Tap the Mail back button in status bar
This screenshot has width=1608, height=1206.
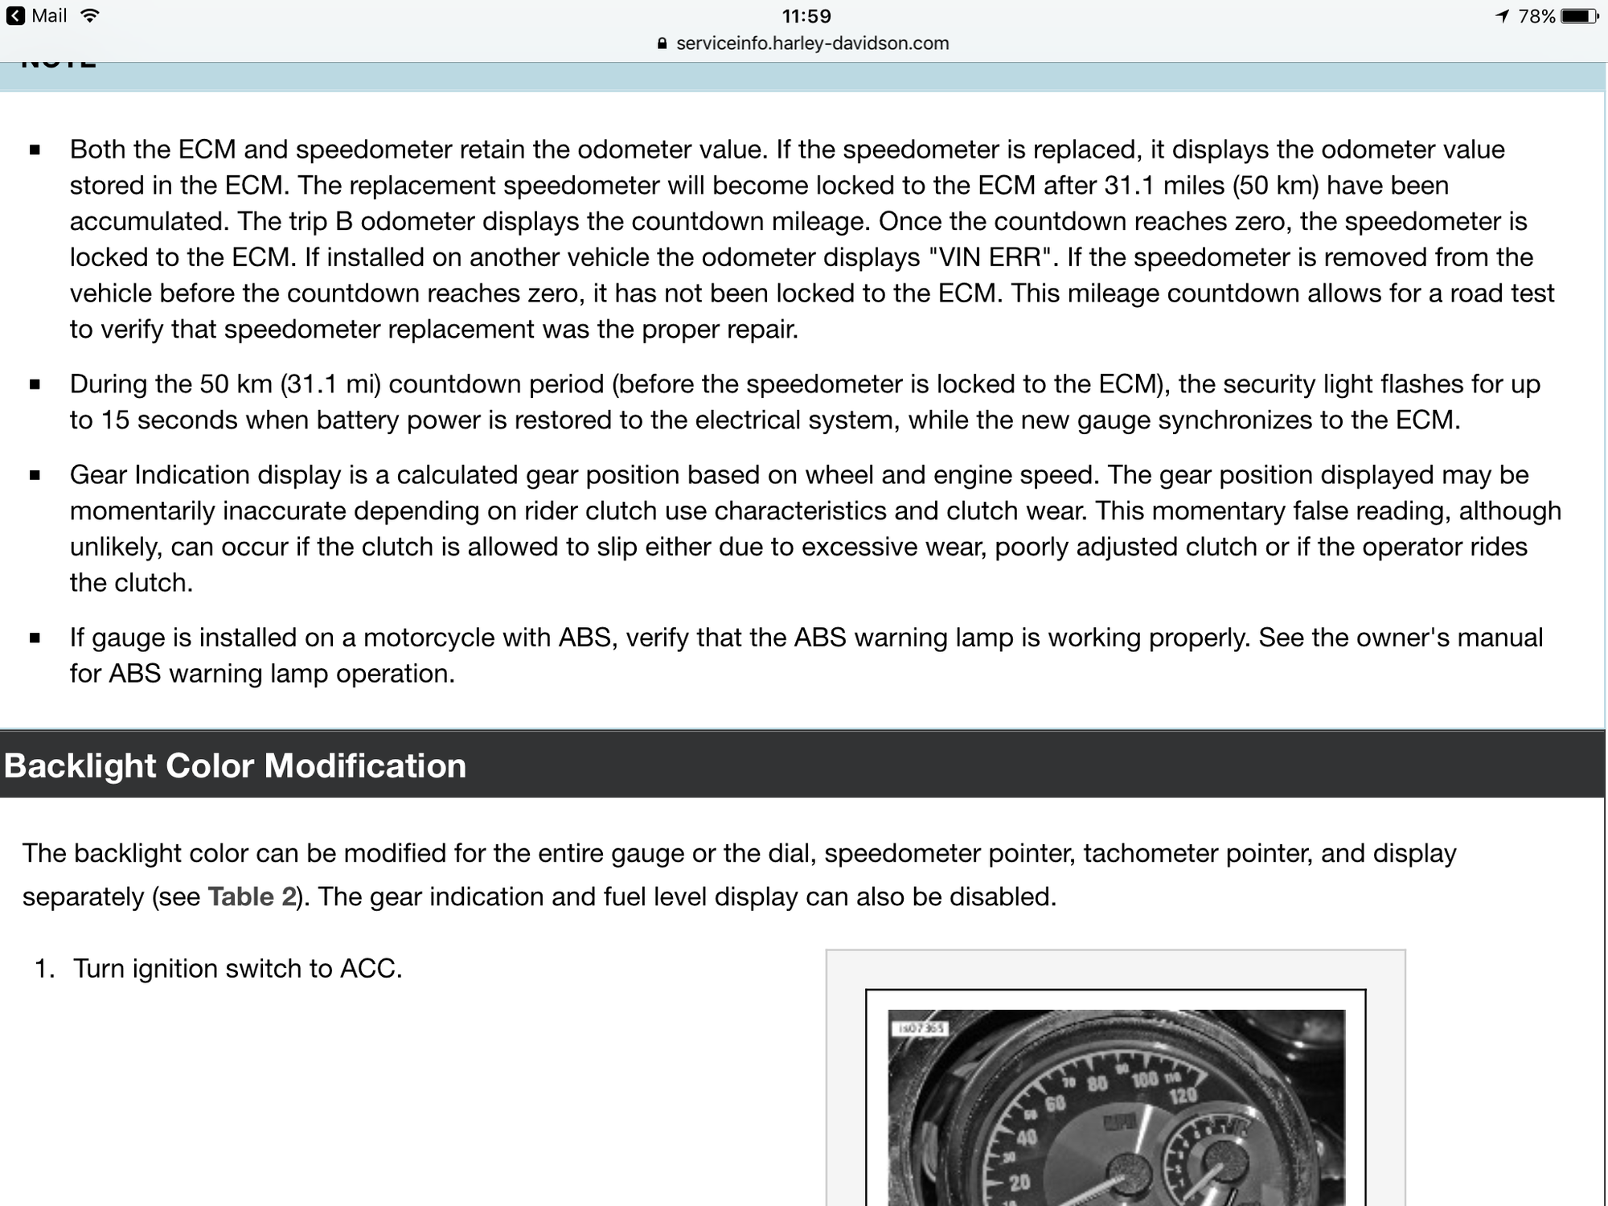[x=36, y=16]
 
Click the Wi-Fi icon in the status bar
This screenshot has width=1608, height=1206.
[x=90, y=16]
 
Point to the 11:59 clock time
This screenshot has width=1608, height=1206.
[x=806, y=16]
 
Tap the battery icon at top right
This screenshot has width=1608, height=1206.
[x=1579, y=16]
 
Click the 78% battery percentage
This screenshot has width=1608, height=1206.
[x=1536, y=16]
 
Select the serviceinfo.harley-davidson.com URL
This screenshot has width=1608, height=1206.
[x=812, y=43]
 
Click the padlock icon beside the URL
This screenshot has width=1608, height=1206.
[x=662, y=44]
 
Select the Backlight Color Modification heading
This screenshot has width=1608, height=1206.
[x=235, y=765]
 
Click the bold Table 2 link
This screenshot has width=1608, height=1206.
[x=252, y=896]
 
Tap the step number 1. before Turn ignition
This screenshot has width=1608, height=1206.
[x=44, y=968]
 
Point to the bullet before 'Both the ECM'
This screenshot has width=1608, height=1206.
[x=35, y=150]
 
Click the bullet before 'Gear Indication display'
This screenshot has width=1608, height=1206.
[x=35, y=475]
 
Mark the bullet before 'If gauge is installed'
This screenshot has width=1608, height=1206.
[x=35, y=638]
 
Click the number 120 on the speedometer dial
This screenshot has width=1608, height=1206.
[x=1183, y=1096]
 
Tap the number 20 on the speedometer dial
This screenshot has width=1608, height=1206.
[x=1019, y=1183]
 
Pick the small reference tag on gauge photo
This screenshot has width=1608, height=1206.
[x=921, y=1028]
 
